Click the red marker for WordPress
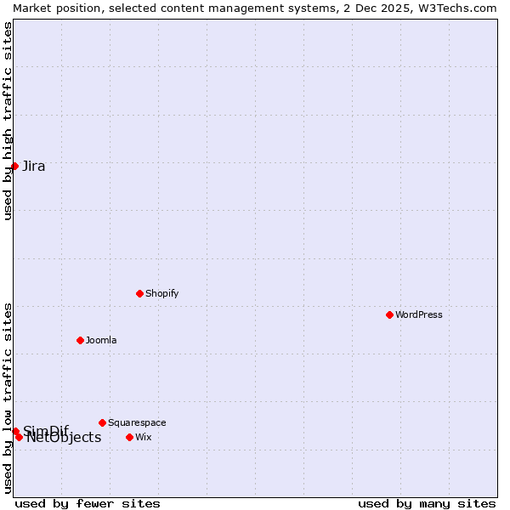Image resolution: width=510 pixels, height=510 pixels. coord(389,314)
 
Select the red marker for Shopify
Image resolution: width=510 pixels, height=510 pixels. coord(139,293)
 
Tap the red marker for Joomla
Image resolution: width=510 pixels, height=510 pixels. coord(80,340)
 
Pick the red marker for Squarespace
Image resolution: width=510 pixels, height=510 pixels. coord(102,422)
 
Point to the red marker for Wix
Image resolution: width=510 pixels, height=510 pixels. coord(129,437)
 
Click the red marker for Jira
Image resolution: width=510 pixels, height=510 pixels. coord(14,166)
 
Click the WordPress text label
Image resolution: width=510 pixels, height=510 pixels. coord(419,314)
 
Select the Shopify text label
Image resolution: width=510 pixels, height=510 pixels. coord(161,293)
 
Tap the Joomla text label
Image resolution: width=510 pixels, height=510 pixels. coord(101,340)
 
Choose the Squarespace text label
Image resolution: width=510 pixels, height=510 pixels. coord(137,422)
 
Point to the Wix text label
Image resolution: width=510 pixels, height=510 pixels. coord(144,437)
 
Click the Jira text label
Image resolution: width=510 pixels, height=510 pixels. coord(34,166)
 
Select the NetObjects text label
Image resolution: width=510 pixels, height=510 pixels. coord(64,438)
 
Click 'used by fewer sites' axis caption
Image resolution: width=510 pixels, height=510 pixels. coord(88,503)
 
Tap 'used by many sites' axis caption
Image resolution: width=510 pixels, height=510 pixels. coord(427,503)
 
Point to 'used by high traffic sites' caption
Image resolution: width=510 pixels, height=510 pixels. coord(8,121)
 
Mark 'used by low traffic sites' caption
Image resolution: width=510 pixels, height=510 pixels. coord(8,397)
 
